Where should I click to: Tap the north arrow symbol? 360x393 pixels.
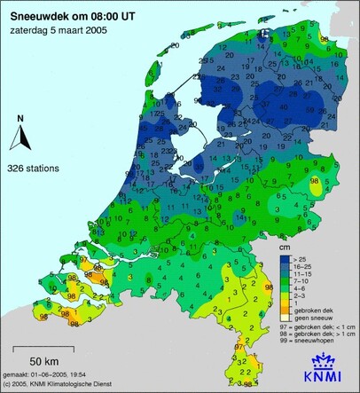[20, 139]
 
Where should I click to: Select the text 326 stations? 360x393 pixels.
[34, 167]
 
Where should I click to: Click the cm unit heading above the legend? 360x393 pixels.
[285, 249]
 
